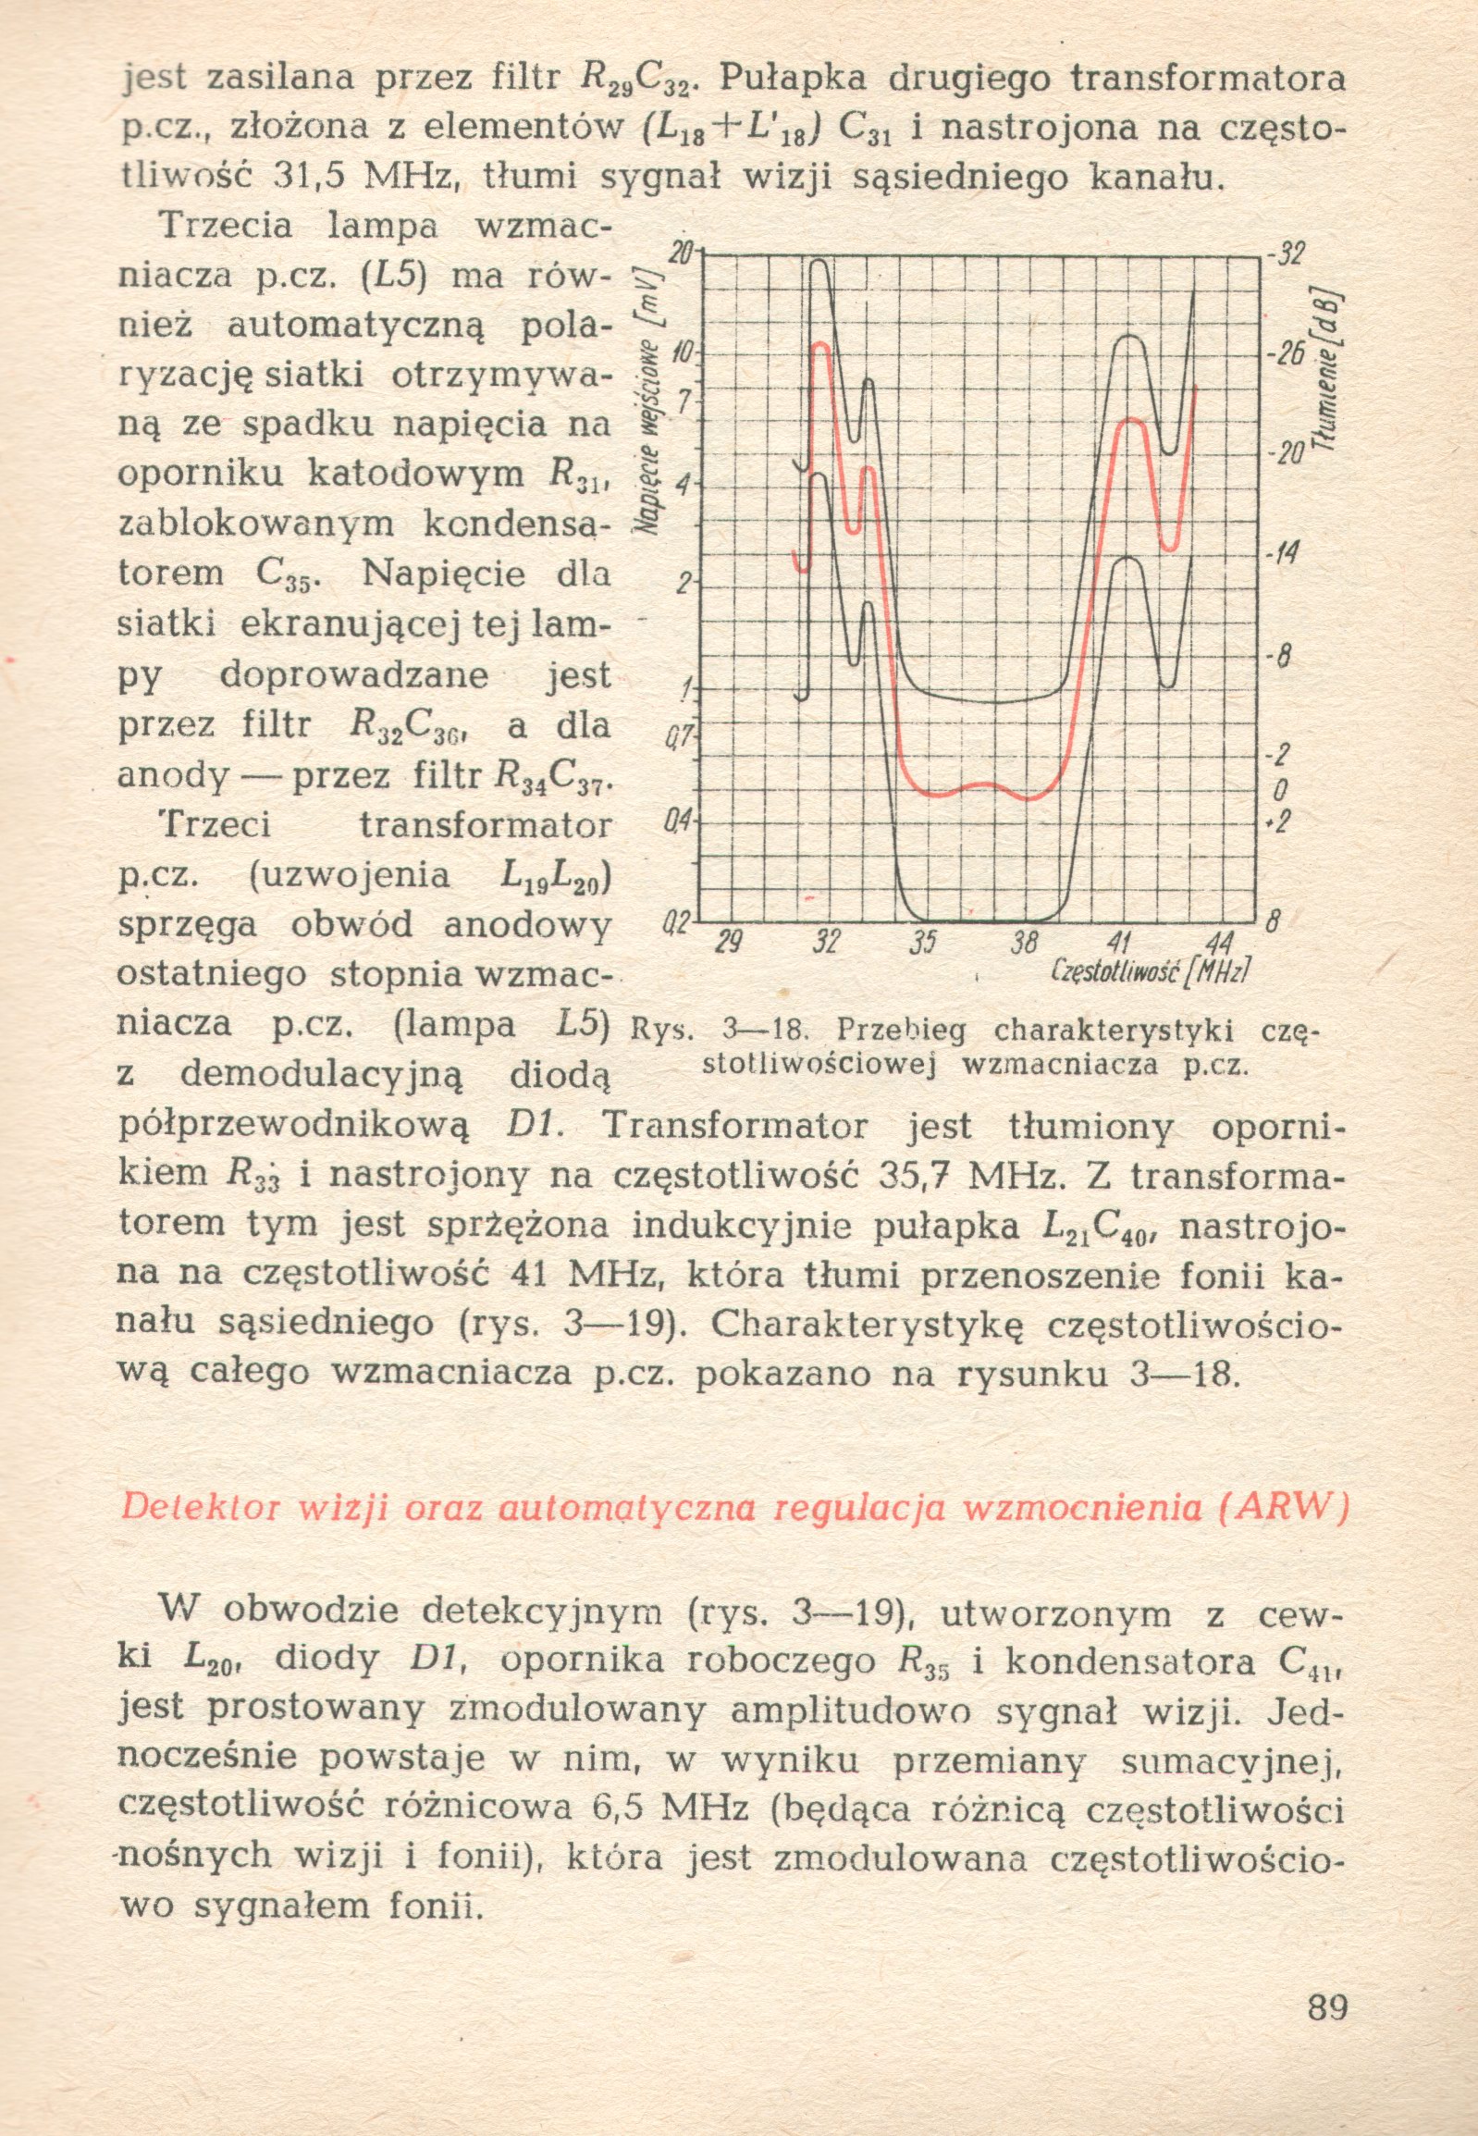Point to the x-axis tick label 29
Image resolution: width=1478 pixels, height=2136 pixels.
(x=731, y=941)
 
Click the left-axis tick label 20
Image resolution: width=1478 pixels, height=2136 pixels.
(x=681, y=253)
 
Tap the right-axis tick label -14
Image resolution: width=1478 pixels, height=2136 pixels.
(x=1285, y=555)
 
